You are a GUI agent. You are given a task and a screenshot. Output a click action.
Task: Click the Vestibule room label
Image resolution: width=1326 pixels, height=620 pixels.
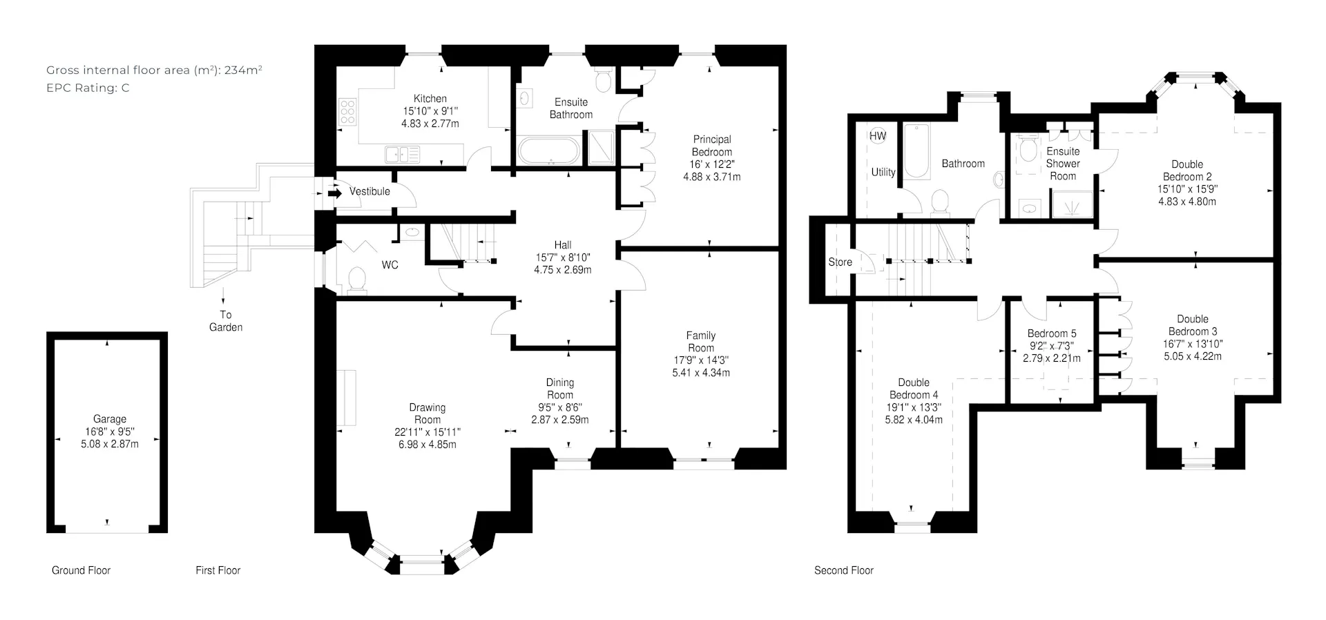coord(369,191)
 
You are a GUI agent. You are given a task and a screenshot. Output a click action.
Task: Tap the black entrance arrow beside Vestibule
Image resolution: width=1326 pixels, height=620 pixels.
coord(335,193)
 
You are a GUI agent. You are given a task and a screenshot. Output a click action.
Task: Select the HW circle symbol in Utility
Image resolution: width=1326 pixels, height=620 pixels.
coord(878,136)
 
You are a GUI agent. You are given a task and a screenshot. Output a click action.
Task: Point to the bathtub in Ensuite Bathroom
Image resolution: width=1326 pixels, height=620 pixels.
coord(550,152)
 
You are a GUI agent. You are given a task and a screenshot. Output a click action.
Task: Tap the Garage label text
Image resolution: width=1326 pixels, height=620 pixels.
coord(110,419)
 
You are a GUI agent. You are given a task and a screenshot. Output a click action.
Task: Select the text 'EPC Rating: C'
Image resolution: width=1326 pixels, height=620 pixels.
coord(88,88)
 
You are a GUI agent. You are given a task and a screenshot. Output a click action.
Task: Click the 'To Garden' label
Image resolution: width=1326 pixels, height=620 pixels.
coord(226,321)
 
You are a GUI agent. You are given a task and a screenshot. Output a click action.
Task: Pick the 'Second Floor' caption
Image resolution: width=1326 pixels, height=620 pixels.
coord(844,570)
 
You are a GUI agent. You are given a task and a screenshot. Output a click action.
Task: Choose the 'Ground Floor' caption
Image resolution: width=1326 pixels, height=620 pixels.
coord(81,570)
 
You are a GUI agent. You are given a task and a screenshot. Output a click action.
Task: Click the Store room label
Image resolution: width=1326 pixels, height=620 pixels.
coord(840,262)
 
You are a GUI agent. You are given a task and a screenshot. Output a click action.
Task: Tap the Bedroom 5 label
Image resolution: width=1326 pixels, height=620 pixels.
coord(1052,333)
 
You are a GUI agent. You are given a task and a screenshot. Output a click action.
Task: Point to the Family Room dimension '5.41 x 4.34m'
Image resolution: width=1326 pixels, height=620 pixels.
coord(701,373)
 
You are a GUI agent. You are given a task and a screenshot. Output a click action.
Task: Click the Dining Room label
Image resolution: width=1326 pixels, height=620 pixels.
coord(560,389)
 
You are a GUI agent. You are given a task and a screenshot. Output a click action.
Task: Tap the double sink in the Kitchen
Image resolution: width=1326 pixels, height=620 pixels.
coord(403,154)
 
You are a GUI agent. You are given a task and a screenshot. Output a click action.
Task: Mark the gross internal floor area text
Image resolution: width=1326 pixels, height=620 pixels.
coord(154,70)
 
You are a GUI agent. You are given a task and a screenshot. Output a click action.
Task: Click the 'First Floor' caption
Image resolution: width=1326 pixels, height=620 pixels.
coord(218,570)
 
